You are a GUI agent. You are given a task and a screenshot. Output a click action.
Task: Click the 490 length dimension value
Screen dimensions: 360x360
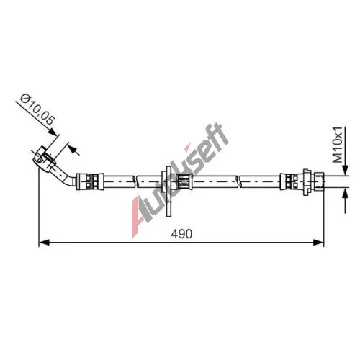click(181, 233)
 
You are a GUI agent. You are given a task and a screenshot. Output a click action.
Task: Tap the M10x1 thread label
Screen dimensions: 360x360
click(338, 145)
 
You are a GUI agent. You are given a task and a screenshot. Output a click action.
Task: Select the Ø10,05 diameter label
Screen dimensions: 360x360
click(37, 109)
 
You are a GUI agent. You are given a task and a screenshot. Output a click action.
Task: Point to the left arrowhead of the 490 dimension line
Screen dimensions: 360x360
click(44, 243)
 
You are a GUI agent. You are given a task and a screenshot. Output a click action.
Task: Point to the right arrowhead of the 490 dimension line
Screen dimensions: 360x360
click(318, 243)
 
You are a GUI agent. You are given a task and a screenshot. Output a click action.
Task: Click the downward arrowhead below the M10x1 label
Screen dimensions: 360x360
click(345, 171)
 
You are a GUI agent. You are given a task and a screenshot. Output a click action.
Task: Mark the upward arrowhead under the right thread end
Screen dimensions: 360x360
click(345, 193)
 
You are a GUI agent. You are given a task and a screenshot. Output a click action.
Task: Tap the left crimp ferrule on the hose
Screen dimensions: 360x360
click(90, 181)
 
